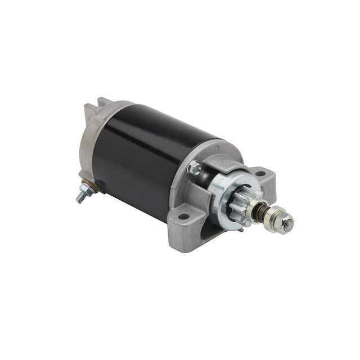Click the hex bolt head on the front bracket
(195, 167)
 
